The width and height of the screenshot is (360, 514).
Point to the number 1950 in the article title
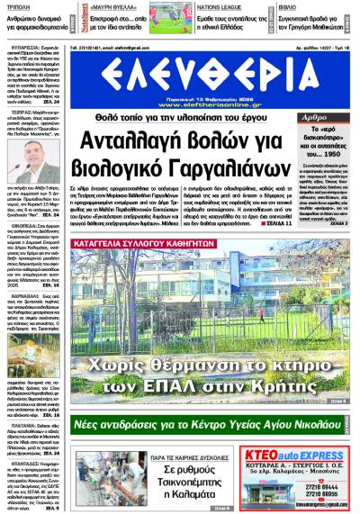click(x=330, y=156)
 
